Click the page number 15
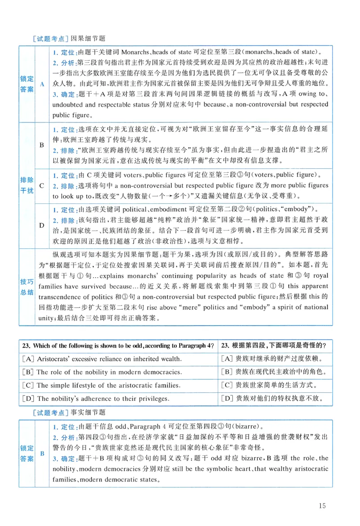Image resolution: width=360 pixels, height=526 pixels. tap(321, 506)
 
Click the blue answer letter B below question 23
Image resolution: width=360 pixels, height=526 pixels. tap(42, 454)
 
